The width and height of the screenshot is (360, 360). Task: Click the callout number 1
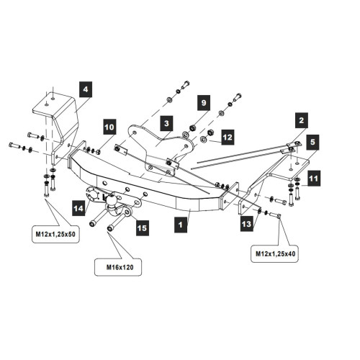[x=181, y=225]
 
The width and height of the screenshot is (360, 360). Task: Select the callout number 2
[x=302, y=120]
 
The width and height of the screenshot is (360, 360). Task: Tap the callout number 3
[x=166, y=123]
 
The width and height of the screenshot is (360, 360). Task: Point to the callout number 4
[x=86, y=89]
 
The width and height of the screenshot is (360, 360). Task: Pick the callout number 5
[x=312, y=142]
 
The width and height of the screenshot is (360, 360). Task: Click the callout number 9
[x=204, y=103]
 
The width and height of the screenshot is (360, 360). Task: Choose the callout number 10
[x=109, y=127]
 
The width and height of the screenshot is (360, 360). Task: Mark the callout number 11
[x=314, y=179]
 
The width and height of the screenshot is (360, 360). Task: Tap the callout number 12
[x=228, y=137]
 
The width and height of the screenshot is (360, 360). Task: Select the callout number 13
[x=247, y=224]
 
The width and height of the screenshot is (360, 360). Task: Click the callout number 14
[x=78, y=208]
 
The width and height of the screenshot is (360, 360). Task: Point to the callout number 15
[x=143, y=228]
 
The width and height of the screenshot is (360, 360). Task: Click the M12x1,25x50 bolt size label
[x=55, y=234]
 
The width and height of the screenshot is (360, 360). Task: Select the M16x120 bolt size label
[x=120, y=267]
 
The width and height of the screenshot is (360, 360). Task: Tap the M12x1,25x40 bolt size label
[x=275, y=253]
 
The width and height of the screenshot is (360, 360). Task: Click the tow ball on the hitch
[x=112, y=201]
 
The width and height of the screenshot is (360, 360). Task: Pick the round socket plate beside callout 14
[x=92, y=195]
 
